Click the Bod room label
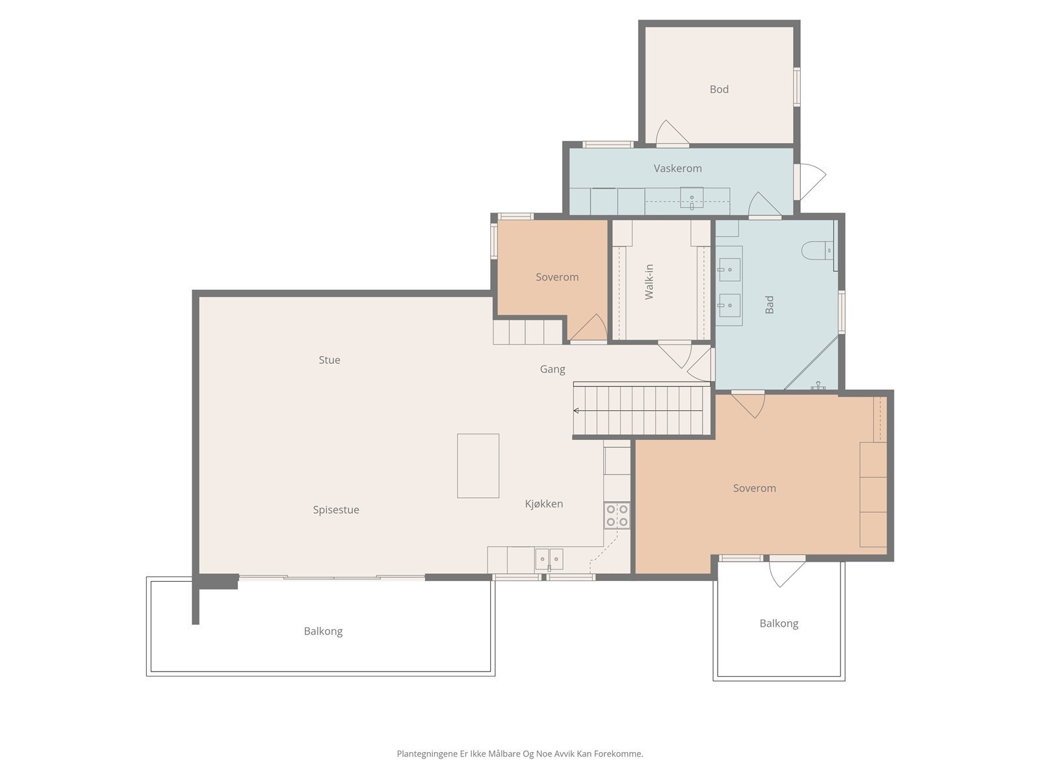coord(719,89)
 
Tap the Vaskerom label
coord(677,168)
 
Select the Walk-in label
coord(649,282)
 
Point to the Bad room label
coord(769,304)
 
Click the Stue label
coord(330,360)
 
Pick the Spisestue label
coord(336,510)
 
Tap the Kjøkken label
coord(544,503)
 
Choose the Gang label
coord(552,369)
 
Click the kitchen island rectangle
coord(478,465)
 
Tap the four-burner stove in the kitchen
coord(617,515)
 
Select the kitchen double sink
coord(549,559)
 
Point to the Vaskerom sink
coord(692,198)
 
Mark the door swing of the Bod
coord(671,132)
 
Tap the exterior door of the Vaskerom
coord(810,182)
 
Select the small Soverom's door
coord(588,328)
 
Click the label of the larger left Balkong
coord(323,631)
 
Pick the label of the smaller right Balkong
coord(779,623)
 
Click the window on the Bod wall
coord(797,86)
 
